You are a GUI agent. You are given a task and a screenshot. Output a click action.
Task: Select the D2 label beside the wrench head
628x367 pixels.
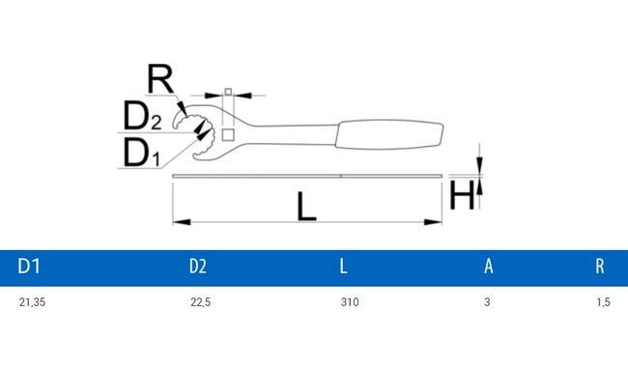click(141, 117)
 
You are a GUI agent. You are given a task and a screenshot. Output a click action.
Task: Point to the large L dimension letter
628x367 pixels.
click(306, 205)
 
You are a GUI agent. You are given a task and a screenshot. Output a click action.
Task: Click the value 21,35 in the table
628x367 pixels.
click(32, 303)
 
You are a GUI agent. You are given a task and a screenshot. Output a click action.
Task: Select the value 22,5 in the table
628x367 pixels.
click(200, 303)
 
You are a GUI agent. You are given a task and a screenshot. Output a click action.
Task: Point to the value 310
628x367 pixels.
click(350, 303)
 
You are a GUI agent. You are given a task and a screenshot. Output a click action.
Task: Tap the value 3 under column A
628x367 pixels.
click(488, 303)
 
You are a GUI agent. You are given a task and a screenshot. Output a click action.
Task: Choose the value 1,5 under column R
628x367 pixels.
click(603, 303)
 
